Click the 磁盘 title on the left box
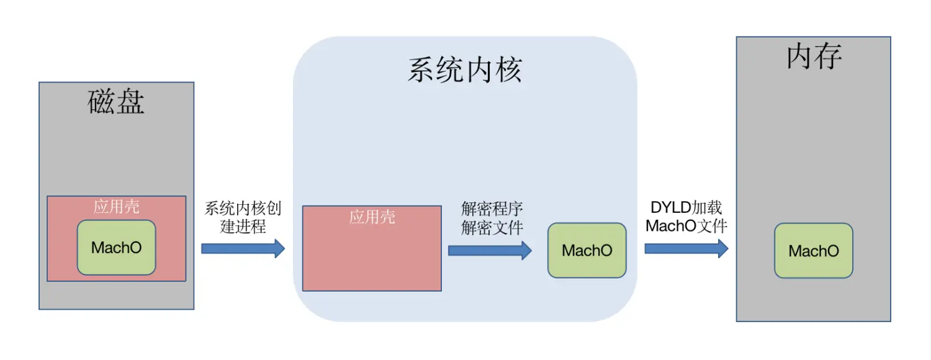(x=117, y=102)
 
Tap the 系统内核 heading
(x=464, y=70)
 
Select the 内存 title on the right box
(x=814, y=57)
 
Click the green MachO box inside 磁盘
(x=116, y=248)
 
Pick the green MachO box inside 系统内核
(x=587, y=250)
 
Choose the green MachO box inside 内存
(x=813, y=251)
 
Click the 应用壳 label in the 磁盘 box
(x=116, y=207)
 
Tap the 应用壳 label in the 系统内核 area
(x=372, y=217)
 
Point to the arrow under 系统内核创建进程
(x=243, y=249)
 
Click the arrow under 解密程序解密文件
(x=490, y=250)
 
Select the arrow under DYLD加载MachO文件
(x=686, y=249)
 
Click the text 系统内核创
(x=243, y=208)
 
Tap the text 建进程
(x=243, y=227)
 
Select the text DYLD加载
(x=686, y=207)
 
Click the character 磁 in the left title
(x=102, y=102)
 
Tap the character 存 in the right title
(x=828, y=57)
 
